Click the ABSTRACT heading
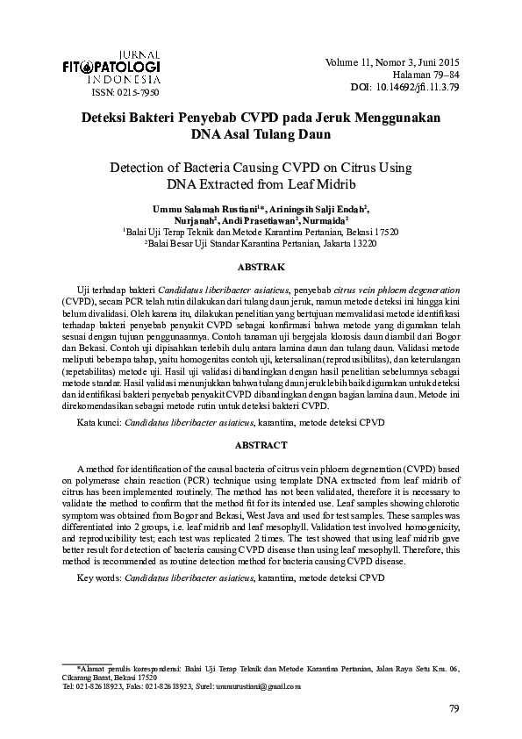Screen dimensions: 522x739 click(x=261, y=446)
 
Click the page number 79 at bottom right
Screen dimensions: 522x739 click(x=454, y=709)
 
